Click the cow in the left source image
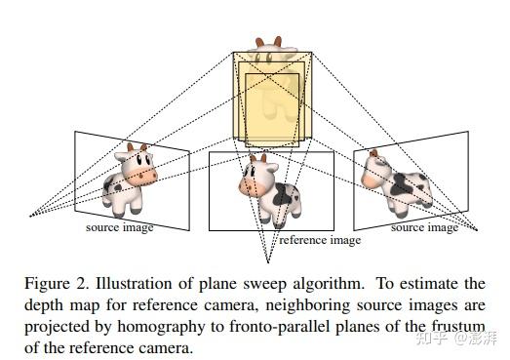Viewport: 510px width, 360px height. click(128, 179)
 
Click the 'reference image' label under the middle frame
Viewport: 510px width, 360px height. click(320, 240)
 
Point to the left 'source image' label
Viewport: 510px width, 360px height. click(120, 227)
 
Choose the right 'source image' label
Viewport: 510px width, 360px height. click(424, 227)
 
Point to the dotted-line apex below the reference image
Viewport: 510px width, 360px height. click(267, 260)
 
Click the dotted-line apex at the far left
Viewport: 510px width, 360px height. click(30, 215)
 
